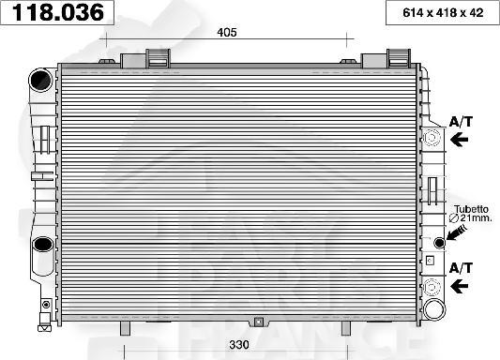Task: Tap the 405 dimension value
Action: [x=226, y=33]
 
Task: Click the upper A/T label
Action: [x=461, y=122]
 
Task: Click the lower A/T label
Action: [x=461, y=267]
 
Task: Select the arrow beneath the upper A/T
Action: [x=460, y=140]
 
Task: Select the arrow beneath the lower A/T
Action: [x=460, y=286]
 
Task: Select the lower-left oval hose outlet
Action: [x=43, y=246]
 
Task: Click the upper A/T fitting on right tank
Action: [x=432, y=140]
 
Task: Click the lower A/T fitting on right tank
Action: [x=432, y=287]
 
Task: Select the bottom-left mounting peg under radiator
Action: [x=125, y=328]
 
